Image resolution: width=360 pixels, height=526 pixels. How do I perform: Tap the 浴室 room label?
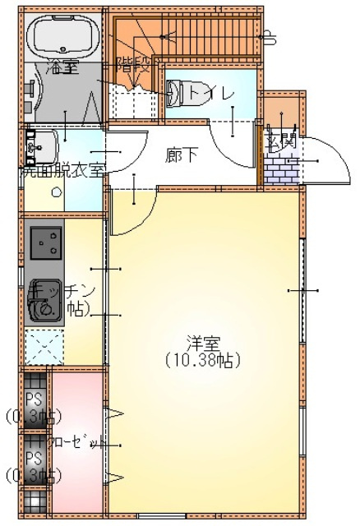point(63,67)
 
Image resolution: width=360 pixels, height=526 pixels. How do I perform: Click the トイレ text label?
point(211,93)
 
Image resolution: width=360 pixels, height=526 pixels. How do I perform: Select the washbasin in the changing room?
point(40,146)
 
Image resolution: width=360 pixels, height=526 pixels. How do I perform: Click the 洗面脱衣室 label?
point(63,171)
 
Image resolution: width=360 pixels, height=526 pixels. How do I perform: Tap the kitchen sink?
point(44,308)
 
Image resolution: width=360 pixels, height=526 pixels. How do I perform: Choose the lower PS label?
point(34,457)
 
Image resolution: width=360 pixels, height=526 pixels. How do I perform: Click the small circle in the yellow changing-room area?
point(57,192)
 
